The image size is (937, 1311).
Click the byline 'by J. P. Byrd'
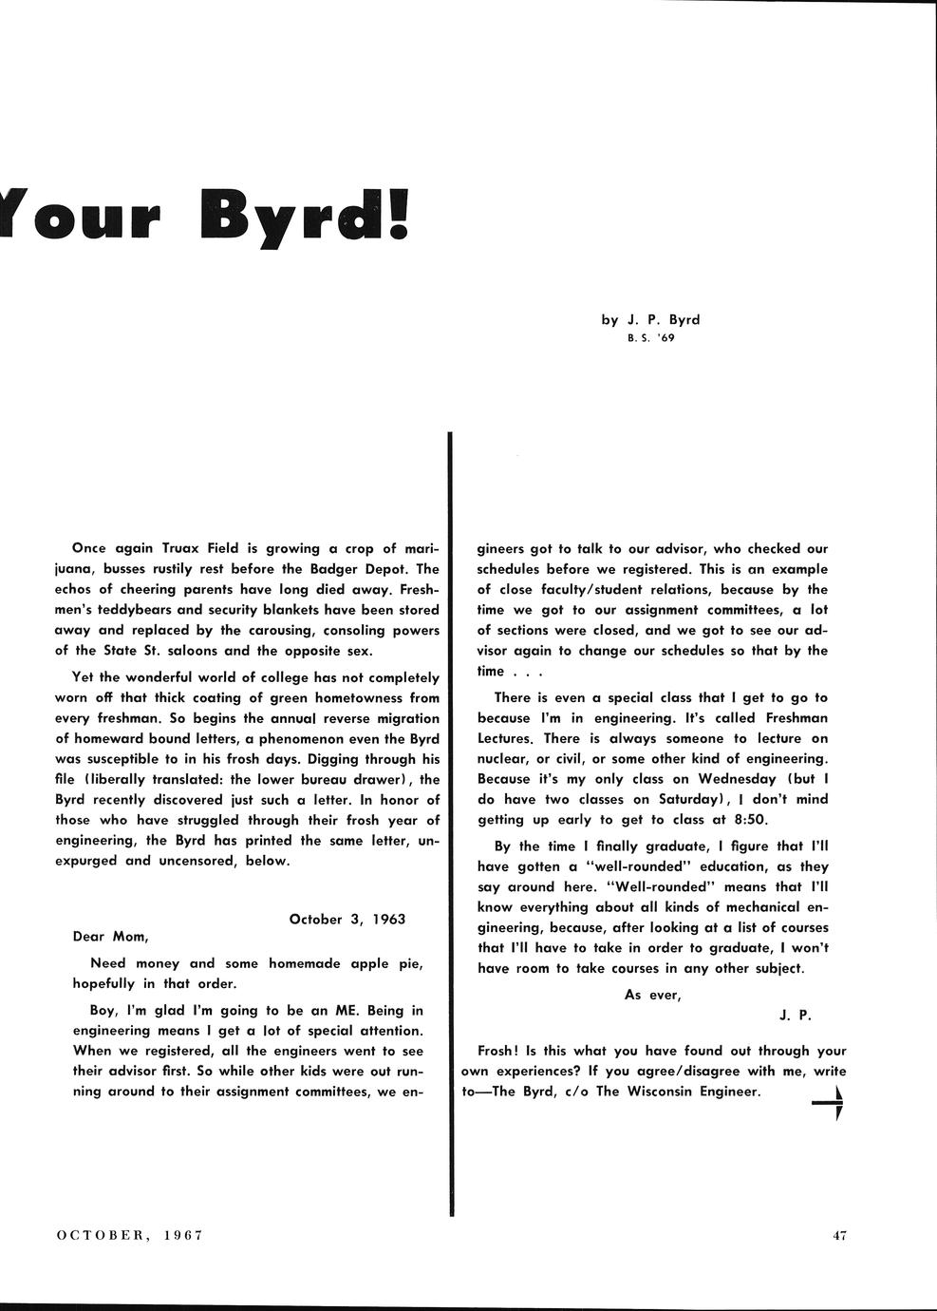click(x=650, y=319)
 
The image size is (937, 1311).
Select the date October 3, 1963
click(x=347, y=919)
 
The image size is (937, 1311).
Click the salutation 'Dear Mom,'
click(x=110, y=937)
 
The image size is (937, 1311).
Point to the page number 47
click(x=838, y=1236)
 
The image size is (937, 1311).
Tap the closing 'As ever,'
click(x=652, y=995)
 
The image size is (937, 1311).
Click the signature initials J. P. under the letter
click(x=795, y=1015)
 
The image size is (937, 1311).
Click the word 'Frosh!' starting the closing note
click(x=497, y=1051)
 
